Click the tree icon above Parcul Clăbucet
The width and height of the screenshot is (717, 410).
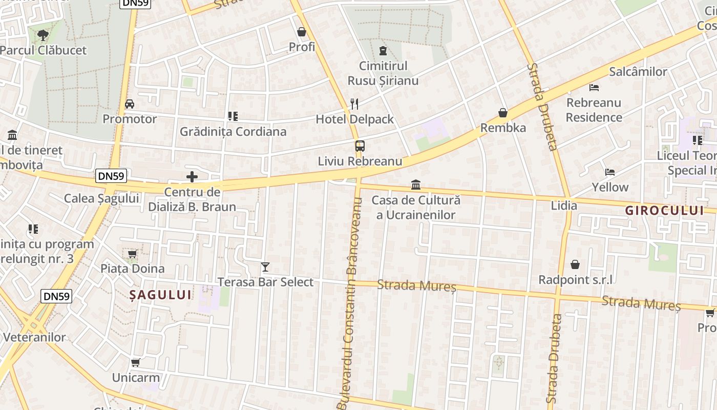coord(43,35)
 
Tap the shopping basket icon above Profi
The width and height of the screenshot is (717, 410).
coord(302,32)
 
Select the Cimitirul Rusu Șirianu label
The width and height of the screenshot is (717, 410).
coord(383,73)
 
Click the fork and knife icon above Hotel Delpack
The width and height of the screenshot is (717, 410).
coord(354,104)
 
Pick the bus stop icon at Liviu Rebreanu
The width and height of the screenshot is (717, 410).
coord(360,146)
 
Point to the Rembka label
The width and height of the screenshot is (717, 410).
coord(503,128)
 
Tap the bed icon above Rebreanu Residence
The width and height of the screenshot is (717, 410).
coord(594,88)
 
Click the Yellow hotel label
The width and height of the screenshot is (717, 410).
coord(610,187)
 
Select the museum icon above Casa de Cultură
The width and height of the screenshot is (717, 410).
coord(416,184)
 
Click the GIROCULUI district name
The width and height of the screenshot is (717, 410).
coord(665,210)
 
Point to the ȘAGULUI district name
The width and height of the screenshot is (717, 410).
coord(160,295)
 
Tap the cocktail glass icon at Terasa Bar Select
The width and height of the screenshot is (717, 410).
coord(265,267)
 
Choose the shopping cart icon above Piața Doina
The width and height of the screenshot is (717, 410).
coord(133,254)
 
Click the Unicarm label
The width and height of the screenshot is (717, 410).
coord(136,378)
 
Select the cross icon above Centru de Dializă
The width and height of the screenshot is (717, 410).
coord(192,177)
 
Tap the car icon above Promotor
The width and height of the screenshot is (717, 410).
coord(130,104)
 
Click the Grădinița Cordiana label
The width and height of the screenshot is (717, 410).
coord(233,132)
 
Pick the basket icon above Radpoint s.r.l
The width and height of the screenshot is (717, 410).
coord(575,265)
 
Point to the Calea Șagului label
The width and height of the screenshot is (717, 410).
coord(101,198)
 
